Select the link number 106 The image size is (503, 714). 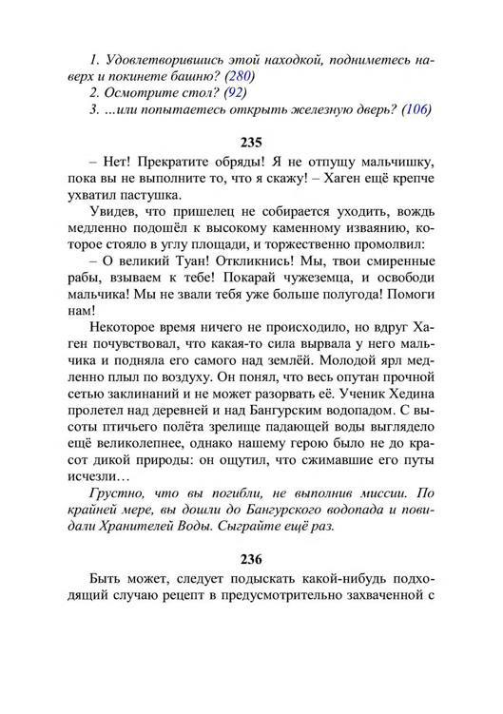point(416,109)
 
